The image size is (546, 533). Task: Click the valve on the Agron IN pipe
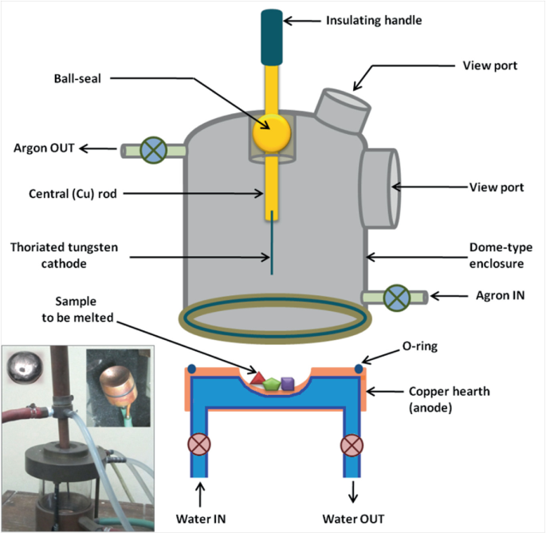coord(395,297)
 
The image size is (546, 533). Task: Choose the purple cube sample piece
coord(289,380)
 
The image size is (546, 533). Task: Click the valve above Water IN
coord(196,444)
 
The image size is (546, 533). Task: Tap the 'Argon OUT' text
coord(45,148)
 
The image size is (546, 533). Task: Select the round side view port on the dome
coord(380,186)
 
